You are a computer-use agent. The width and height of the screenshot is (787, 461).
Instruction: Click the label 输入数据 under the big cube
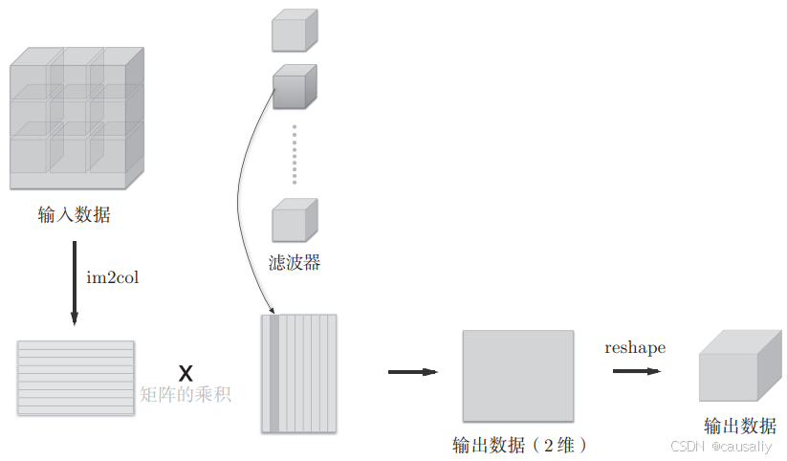(74, 215)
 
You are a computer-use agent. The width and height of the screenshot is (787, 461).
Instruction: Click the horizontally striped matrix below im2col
(76, 378)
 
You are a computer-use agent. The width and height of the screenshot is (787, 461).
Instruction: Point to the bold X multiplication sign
(186, 371)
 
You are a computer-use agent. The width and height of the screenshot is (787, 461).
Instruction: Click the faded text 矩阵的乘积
(186, 394)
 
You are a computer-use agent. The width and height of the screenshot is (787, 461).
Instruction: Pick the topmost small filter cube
(293, 31)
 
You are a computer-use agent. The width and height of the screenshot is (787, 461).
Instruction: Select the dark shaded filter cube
(293, 87)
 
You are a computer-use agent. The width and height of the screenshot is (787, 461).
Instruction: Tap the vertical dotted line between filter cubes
(295, 153)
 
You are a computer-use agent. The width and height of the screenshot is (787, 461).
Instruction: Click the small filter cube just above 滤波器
(293, 220)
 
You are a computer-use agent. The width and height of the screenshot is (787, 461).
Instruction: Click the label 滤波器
(294, 262)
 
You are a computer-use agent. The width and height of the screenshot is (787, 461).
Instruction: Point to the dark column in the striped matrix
(274, 373)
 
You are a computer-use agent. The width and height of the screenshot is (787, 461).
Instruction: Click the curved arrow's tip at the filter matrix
(274, 312)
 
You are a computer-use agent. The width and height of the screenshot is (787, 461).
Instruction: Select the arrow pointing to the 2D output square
(412, 372)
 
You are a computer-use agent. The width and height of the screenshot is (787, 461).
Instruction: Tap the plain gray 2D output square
(518, 377)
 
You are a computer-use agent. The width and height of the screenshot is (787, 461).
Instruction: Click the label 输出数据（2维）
(518, 445)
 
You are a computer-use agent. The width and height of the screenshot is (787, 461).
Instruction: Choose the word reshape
(635, 348)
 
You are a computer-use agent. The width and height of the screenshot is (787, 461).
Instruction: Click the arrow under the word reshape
(636, 371)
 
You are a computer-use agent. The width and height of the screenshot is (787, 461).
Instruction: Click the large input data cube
(77, 120)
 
